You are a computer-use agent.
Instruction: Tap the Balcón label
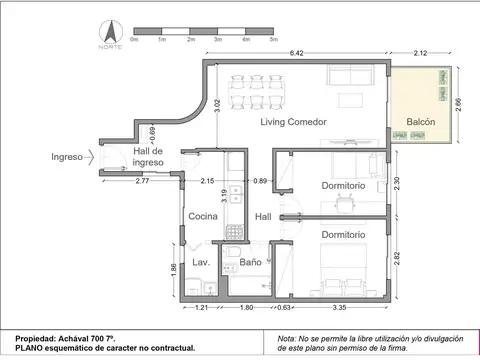click(x=421, y=122)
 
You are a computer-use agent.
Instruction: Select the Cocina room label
click(x=204, y=216)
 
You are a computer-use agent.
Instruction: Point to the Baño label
click(x=250, y=262)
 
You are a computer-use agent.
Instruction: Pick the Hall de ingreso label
click(x=147, y=156)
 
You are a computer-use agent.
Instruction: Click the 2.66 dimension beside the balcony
click(x=458, y=107)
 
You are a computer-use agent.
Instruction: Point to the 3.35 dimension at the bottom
click(x=340, y=309)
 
